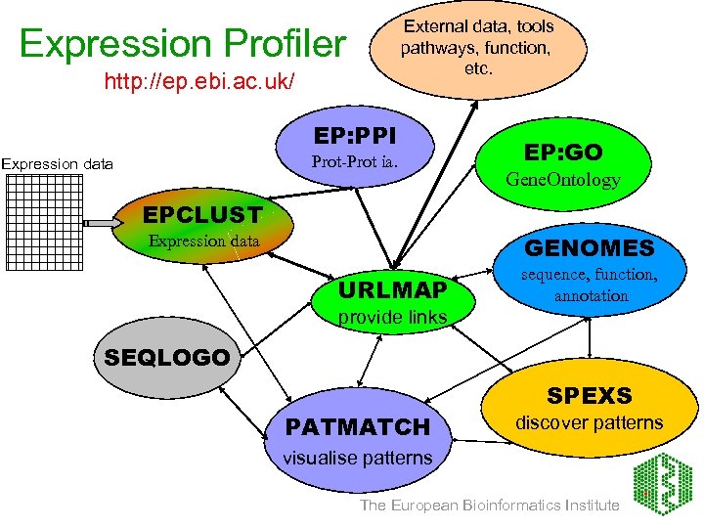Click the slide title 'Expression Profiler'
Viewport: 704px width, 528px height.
(x=182, y=44)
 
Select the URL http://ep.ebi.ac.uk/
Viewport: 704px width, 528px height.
(x=198, y=81)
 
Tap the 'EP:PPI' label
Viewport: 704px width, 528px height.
(x=354, y=134)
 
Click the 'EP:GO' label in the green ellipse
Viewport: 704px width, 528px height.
(x=563, y=153)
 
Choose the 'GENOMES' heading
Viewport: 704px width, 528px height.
(x=589, y=247)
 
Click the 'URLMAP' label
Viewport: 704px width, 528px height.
(x=392, y=289)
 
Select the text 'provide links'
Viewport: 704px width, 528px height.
(x=391, y=317)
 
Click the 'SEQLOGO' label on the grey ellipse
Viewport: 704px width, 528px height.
(x=166, y=357)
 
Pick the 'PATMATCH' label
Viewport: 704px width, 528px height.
(x=357, y=427)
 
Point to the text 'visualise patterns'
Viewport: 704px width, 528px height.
(x=357, y=458)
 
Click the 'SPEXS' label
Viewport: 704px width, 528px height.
(x=589, y=396)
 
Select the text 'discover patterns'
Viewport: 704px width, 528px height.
(x=589, y=423)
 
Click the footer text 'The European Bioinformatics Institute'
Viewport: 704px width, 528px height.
(x=489, y=506)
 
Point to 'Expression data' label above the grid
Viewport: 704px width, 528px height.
(x=57, y=164)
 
